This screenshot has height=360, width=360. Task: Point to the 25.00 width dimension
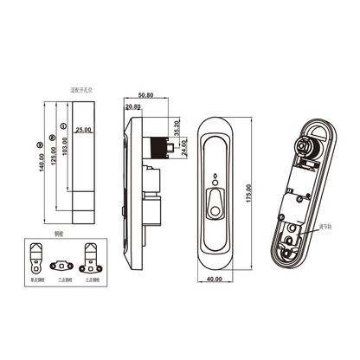click(x=83, y=130)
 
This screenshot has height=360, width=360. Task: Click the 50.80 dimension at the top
click(x=145, y=94)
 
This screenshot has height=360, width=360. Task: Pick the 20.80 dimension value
click(x=133, y=107)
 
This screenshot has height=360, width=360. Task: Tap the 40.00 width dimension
click(x=213, y=279)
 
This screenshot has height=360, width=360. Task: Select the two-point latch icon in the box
click(x=63, y=260)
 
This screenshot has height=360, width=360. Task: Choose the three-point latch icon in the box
click(x=92, y=257)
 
